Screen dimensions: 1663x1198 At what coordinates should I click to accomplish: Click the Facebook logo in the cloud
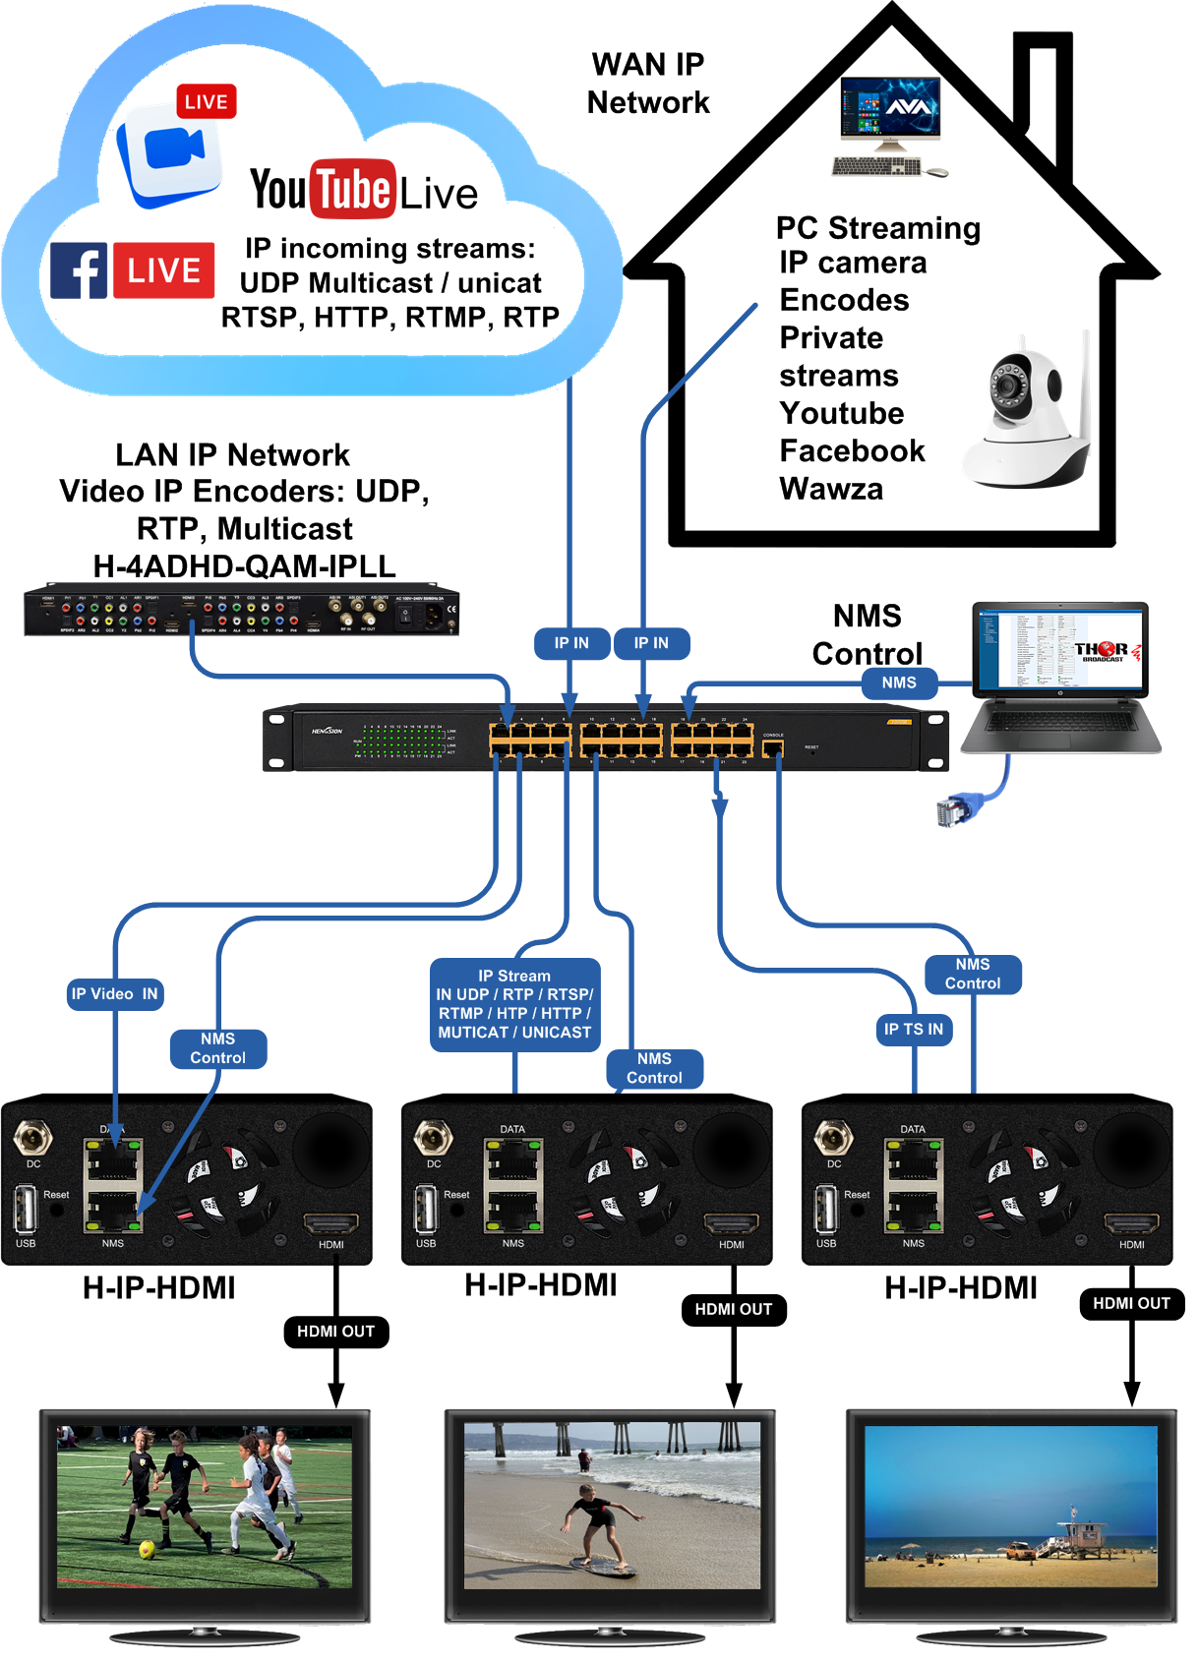(x=79, y=270)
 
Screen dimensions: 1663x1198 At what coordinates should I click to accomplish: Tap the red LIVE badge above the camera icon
(x=206, y=101)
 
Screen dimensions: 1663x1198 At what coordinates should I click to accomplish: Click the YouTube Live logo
(x=363, y=189)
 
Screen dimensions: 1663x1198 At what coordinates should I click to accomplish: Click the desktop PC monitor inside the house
(x=890, y=111)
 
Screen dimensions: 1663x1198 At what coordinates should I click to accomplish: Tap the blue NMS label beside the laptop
(x=898, y=683)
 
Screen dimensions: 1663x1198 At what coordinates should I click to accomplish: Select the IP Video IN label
(x=114, y=994)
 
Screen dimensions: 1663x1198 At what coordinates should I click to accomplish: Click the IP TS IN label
(x=913, y=1030)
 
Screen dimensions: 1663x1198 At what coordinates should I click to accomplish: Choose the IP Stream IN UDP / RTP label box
(x=514, y=1004)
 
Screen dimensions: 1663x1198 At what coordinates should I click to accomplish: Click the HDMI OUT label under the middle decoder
(x=734, y=1310)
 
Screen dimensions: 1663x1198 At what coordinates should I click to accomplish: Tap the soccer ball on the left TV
(x=148, y=1549)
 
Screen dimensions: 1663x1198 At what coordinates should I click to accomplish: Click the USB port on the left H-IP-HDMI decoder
(x=26, y=1210)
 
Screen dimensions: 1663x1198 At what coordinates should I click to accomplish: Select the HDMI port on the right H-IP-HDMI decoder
(x=1132, y=1224)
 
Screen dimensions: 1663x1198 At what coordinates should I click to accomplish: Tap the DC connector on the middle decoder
(x=433, y=1138)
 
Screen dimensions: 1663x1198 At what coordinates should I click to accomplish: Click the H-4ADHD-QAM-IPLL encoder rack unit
(x=242, y=612)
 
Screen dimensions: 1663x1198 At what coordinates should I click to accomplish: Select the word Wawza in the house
(x=831, y=489)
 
